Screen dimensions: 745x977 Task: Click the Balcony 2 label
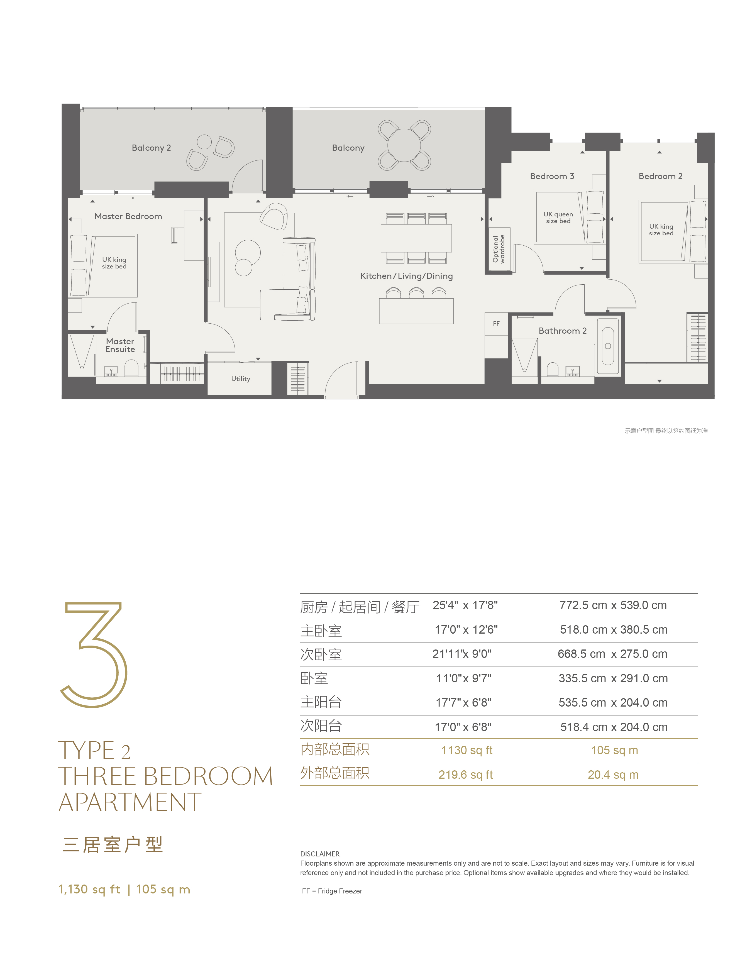pyautogui.click(x=151, y=148)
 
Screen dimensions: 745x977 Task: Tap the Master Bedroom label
pyautogui.click(x=128, y=216)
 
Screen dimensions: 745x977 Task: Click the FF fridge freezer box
pyautogui.click(x=496, y=324)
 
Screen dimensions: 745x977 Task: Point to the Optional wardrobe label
pyautogui.click(x=499, y=249)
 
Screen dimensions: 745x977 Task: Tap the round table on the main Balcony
pyautogui.click(x=404, y=145)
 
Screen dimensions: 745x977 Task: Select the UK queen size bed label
pyautogui.click(x=558, y=217)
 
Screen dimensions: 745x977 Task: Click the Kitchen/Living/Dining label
pyautogui.click(x=407, y=276)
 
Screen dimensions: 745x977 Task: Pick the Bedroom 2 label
pyautogui.click(x=660, y=176)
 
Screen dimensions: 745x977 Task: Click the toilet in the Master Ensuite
pyautogui.click(x=131, y=368)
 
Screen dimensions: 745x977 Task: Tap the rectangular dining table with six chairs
pyautogui.click(x=416, y=238)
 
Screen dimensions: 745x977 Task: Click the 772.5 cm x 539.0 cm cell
pyautogui.click(x=613, y=605)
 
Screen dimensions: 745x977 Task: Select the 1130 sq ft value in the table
pyautogui.click(x=467, y=750)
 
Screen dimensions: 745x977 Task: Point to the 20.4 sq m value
pyautogui.click(x=613, y=775)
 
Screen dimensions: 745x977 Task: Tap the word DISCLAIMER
pyautogui.click(x=320, y=854)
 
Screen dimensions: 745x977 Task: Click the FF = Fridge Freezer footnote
pyautogui.click(x=332, y=891)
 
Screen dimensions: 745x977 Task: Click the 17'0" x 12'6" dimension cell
pyautogui.click(x=466, y=630)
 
